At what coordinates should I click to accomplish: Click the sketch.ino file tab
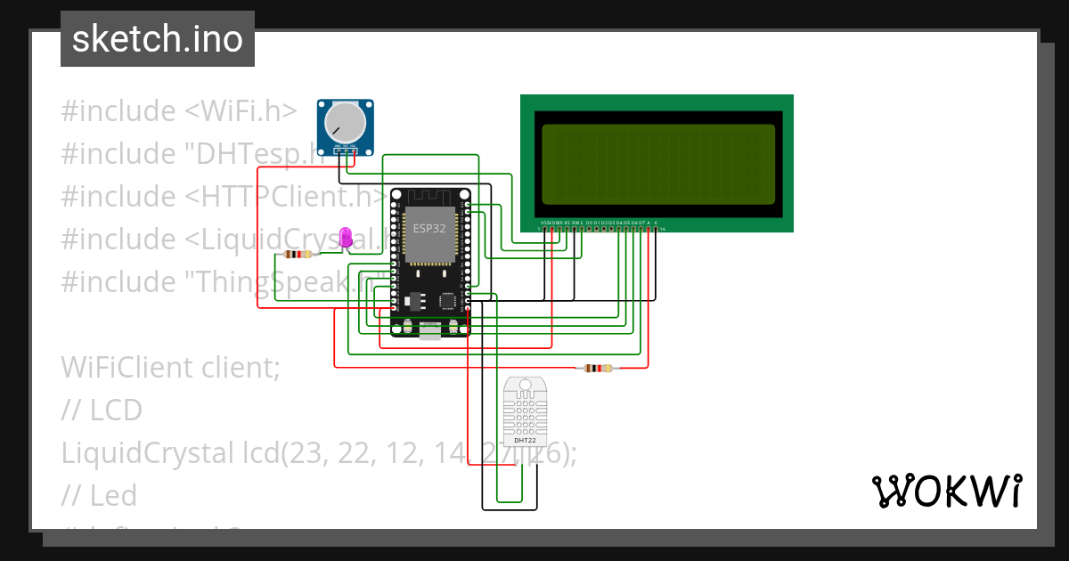click(158, 39)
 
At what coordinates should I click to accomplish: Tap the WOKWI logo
click(946, 491)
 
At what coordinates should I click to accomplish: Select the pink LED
click(347, 237)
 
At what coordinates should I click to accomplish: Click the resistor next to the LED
click(298, 254)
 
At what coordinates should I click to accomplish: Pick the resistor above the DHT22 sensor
click(597, 368)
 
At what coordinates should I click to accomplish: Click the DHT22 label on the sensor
click(526, 440)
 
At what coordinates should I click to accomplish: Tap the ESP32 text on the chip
click(428, 228)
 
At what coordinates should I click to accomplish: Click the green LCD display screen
click(657, 164)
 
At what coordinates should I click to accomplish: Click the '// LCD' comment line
click(102, 410)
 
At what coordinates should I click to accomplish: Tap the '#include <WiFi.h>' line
click(179, 111)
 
